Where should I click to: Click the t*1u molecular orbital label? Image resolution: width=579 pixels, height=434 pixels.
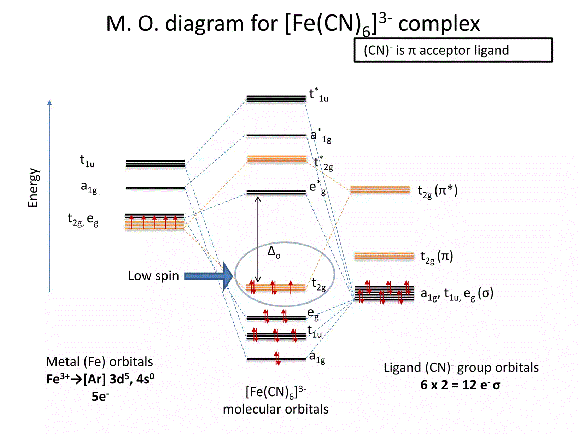tap(318, 95)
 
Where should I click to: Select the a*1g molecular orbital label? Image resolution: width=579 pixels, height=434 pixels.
tap(321, 135)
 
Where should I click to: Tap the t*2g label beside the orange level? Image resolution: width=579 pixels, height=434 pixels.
tap(323, 163)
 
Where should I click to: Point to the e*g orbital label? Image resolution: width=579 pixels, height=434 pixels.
tap(317, 187)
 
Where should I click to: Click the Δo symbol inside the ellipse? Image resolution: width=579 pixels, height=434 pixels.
tap(274, 252)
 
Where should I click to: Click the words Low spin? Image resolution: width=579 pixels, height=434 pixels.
tap(153, 276)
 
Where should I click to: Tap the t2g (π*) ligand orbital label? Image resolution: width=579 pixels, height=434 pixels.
tap(437, 191)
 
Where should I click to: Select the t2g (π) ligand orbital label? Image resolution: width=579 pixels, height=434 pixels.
tap(437, 257)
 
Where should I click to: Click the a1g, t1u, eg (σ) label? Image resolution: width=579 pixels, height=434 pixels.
tap(457, 294)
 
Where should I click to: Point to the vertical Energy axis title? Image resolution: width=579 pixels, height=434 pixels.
tap(33, 188)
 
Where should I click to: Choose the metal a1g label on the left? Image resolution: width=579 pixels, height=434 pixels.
tap(89, 187)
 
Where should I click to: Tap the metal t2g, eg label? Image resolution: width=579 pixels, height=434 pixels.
tap(83, 220)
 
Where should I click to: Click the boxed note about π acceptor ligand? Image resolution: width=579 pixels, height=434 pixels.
tap(453, 50)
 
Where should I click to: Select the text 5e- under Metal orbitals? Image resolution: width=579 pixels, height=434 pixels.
tap(100, 396)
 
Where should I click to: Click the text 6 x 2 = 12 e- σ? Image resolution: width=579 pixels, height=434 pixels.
tap(460, 385)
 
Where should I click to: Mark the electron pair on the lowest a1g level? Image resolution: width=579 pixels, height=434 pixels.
tap(277, 358)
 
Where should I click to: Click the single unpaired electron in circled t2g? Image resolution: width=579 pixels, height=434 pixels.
tap(291, 287)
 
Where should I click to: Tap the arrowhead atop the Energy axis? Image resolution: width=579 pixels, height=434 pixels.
tap(49, 102)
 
